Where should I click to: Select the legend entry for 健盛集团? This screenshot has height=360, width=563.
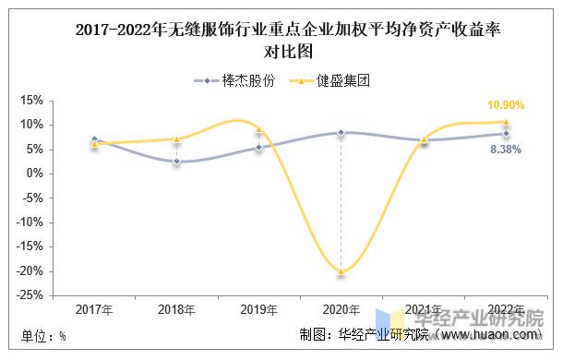click(329, 80)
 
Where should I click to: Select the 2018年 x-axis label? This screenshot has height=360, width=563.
click(176, 309)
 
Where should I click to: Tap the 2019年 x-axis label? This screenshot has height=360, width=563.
click(258, 309)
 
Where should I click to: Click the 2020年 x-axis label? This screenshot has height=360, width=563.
click(341, 309)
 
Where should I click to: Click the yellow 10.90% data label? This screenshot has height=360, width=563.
click(506, 106)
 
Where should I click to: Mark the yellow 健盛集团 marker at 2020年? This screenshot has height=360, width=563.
click(341, 271)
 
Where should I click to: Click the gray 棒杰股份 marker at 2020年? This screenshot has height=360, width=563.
click(341, 133)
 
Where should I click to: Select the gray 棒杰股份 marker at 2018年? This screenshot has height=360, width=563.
click(176, 162)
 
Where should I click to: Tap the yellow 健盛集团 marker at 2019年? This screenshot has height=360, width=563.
click(258, 129)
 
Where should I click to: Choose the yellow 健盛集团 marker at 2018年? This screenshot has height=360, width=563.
click(176, 139)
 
